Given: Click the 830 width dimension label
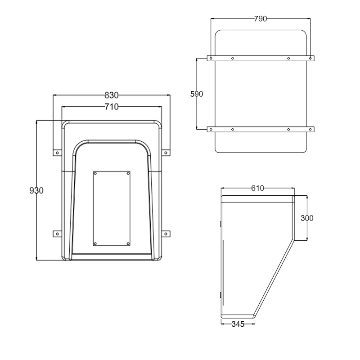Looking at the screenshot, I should tap(111, 95).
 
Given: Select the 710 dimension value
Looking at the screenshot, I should tap(111, 107).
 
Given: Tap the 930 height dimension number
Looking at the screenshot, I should tap(36, 190).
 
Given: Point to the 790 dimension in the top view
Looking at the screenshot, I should tap(261, 18).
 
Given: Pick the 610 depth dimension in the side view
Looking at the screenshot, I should tap(257, 189).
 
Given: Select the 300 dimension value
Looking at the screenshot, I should tap(307, 218).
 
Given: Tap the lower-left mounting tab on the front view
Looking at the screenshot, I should tap(57, 233).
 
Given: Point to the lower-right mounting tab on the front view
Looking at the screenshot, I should tap(166, 233).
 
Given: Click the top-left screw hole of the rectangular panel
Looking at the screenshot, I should tap(95, 173).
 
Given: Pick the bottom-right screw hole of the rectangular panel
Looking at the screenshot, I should tap(128, 243).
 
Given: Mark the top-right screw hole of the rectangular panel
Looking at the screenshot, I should tap(128, 173).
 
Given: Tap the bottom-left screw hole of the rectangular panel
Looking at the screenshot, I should tap(95, 243).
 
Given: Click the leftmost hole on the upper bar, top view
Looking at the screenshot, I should tap(210, 58).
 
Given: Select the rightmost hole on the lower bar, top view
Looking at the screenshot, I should tap(310, 130).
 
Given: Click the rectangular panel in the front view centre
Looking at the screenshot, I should tap(112, 208).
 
